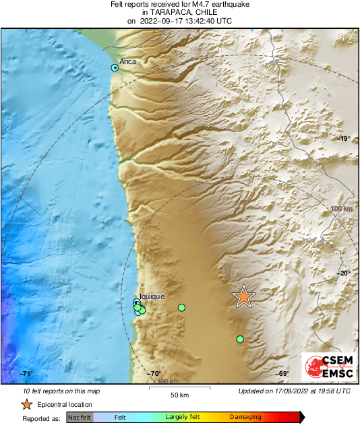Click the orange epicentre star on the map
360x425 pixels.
(x=243, y=296)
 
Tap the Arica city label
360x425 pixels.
(x=127, y=62)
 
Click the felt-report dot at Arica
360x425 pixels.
(x=115, y=68)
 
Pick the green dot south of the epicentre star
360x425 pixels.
(x=240, y=339)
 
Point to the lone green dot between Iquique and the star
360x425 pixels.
(x=181, y=307)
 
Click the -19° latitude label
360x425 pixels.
(x=344, y=139)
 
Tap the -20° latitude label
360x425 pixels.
(x=344, y=273)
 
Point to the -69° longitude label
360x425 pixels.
(x=282, y=374)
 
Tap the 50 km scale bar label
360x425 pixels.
(x=179, y=394)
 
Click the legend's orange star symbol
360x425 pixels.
(x=26, y=404)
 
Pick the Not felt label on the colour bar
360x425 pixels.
(x=80, y=418)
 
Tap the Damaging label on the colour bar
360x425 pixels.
(x=245, y=418)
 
